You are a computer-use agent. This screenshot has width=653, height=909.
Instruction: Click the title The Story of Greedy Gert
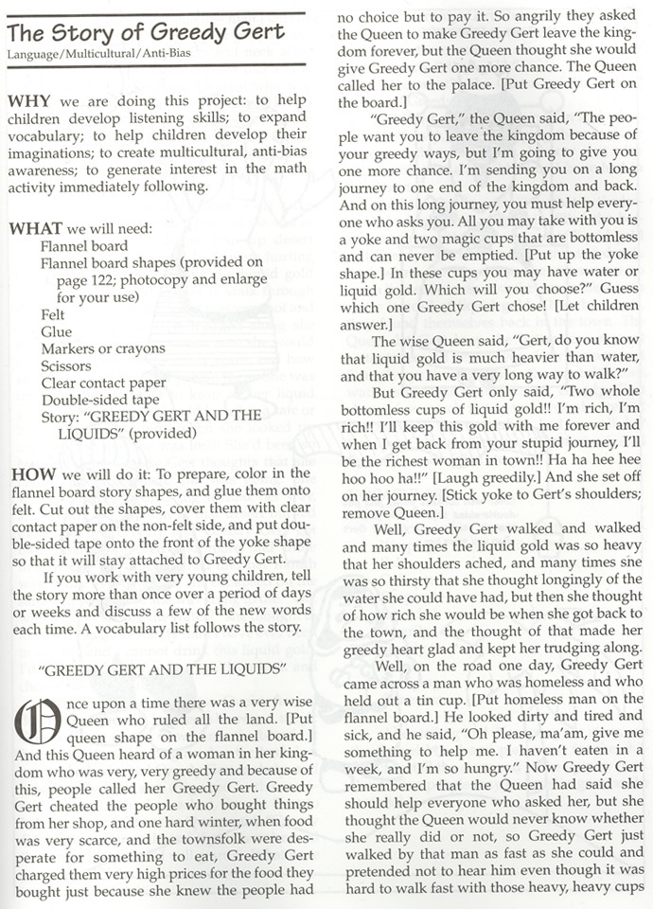(x=146, y=32)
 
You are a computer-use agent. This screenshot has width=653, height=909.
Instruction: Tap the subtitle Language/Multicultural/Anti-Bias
(x=98, y=53)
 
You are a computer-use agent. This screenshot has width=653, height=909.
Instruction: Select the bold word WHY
(x=27, y=98)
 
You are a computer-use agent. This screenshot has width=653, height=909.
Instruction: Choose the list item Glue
(x=55, y=331)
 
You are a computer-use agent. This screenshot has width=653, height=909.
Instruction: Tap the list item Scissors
(x=66, y=365)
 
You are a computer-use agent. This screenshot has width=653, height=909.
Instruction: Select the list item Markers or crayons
(x=102, y=348)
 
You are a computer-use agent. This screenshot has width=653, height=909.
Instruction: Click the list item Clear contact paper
(x=103, y=383)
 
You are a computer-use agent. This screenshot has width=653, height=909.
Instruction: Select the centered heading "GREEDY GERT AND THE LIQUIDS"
(x=163, y=668)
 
